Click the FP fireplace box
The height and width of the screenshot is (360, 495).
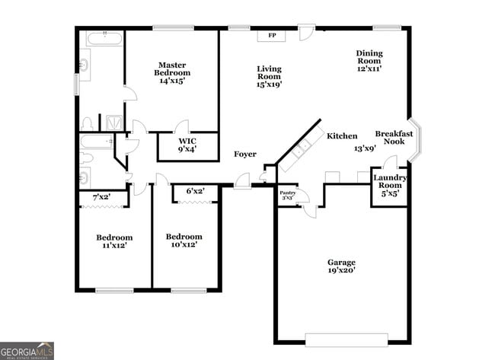(x=271, y=35)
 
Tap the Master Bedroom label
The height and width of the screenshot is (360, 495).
(x=173, y=72)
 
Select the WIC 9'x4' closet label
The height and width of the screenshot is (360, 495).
(x=187, y=145)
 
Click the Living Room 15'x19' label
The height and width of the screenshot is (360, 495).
(x=269, y=76)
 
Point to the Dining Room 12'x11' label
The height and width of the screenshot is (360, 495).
(x=369, y=60)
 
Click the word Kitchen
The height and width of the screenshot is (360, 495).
(x=342, y=136)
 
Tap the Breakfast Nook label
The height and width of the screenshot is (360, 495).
(x=394, y=138)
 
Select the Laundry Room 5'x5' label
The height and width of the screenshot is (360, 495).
(x=389, y=185)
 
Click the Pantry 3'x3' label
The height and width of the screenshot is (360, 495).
(x=287, y=195)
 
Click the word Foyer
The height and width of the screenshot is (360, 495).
(x=244, y=155)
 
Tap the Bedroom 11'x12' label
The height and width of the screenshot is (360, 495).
(x=113, y=241)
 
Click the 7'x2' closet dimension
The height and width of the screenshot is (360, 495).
(x=101, y=198)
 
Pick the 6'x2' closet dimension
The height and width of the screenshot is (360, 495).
(x=196, y=191)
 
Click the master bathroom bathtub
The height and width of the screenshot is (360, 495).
(x=101, y=39)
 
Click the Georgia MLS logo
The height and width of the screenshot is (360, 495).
(x=27, y=350)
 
